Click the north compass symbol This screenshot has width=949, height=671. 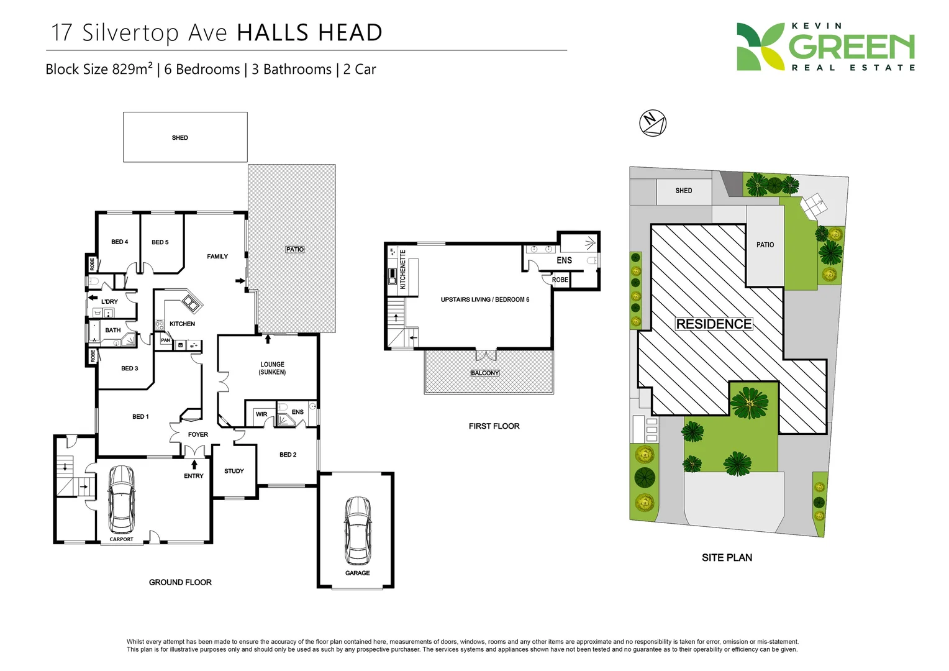pos(653,122)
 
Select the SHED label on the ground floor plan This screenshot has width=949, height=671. pos(179,138)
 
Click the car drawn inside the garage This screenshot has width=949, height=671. pos(358,529)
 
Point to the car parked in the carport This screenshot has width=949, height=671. pos(121,499)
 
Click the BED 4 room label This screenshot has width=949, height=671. pos(120,242)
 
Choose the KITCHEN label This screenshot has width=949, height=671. pos(182,324)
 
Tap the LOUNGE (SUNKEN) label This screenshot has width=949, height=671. pos(272,368)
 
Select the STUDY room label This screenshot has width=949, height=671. pos(234,471)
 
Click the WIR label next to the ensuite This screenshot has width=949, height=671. pos(261,414)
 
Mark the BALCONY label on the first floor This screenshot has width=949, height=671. pos(485,373)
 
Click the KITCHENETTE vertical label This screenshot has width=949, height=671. pos(402,270)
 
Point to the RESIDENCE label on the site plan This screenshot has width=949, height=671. pos(714,324)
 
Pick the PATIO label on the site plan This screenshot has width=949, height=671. pos(765,245)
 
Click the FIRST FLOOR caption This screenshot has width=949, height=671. pos(494,426)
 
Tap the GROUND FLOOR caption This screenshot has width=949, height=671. pos(180,582)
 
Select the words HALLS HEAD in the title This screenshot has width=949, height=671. pos(309,33)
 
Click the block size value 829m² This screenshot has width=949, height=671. pos(132,69)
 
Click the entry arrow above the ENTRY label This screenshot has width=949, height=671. pos(194,464)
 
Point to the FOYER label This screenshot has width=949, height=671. pos(198,434)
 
